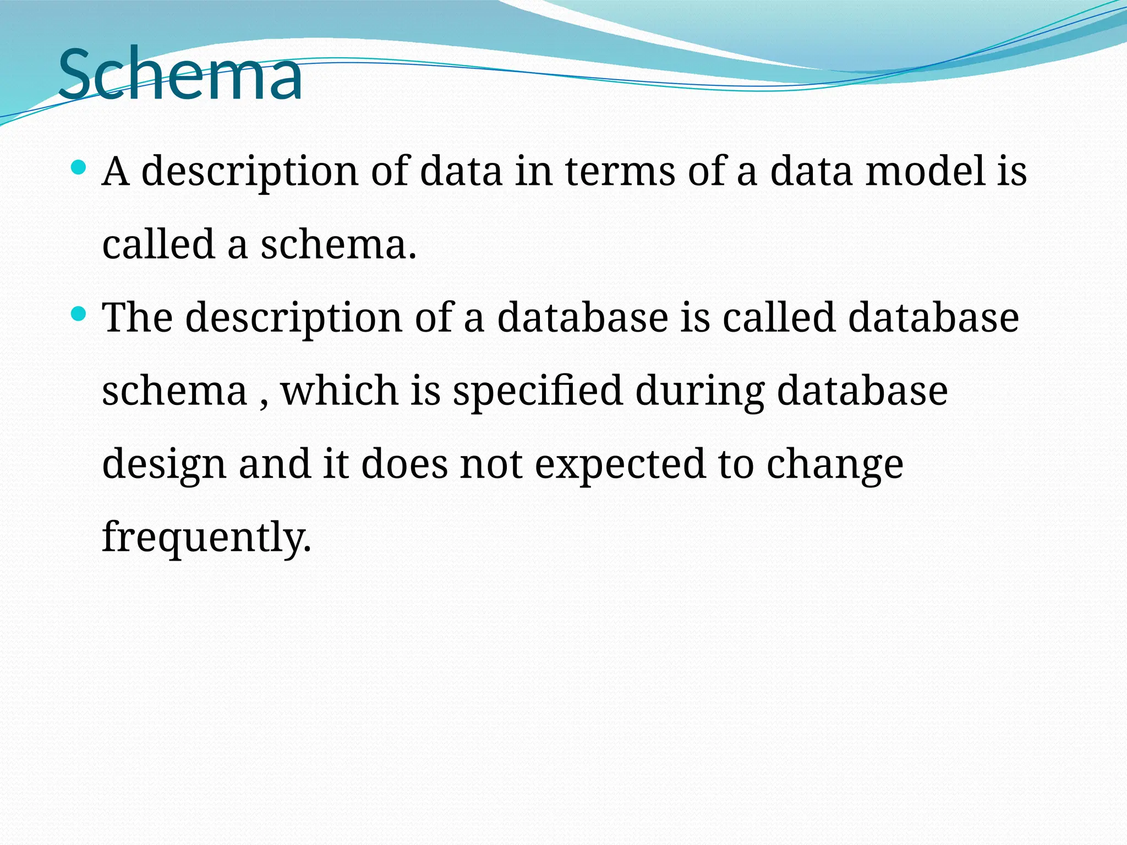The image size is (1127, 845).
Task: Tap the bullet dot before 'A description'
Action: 79,167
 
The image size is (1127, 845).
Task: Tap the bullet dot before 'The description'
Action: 79,314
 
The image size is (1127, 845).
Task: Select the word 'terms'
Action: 620,172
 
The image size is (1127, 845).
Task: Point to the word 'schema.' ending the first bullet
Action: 338,244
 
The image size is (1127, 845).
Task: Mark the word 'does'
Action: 404,464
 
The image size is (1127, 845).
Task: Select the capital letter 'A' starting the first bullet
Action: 116,172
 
